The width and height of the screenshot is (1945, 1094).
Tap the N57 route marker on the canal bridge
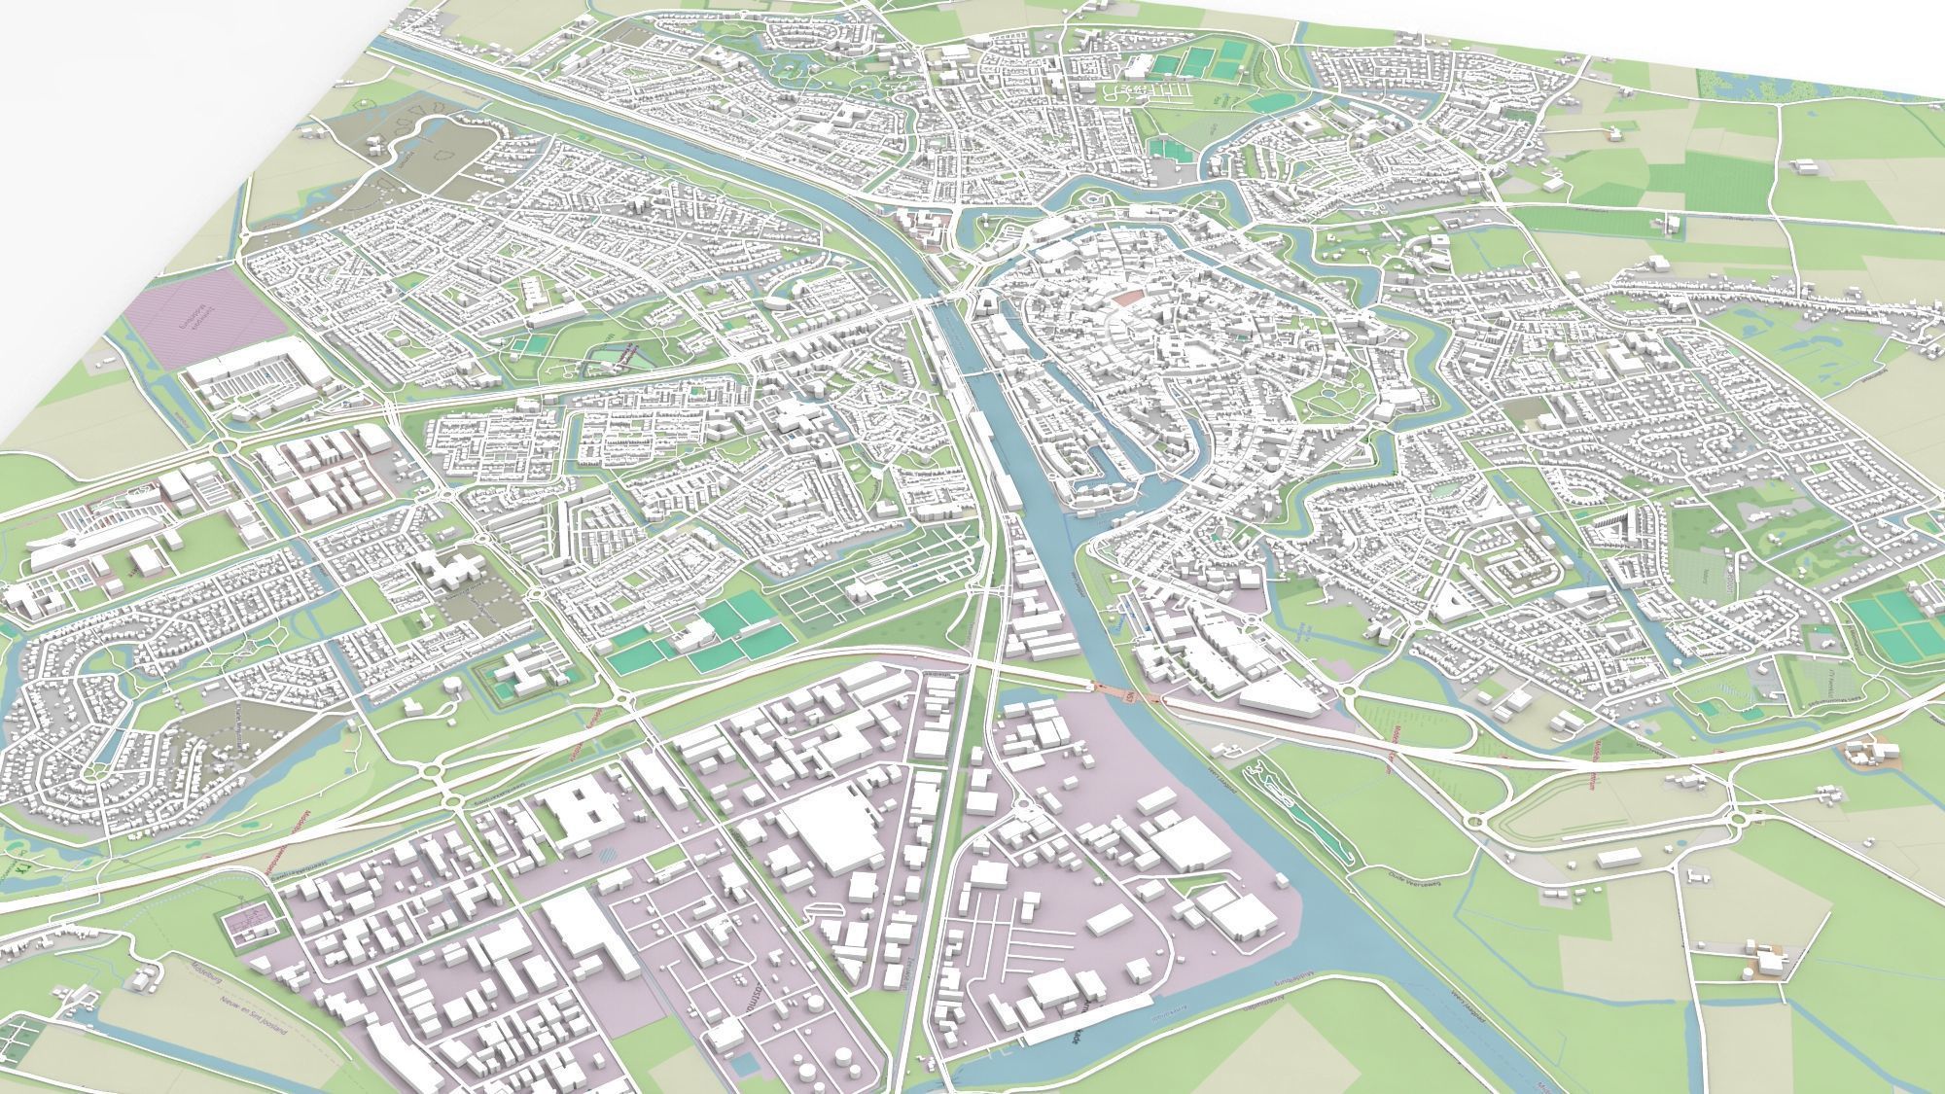coord(1127,696)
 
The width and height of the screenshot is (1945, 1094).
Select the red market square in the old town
coord(1128,299)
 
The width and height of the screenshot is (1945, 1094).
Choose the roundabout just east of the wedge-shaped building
coord(1350,692)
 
